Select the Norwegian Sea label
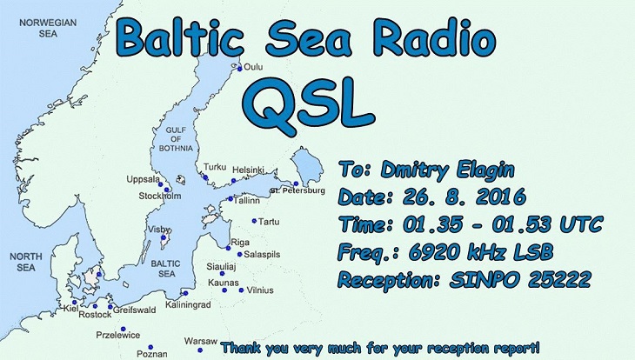click(48, 28)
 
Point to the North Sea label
click(26, 262)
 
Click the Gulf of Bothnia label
click(176, 139)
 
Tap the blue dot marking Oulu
click(240, 70)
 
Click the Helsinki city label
click(248, 170)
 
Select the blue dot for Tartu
click(254, 221)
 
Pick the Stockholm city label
click(160, 196)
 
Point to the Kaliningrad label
click(188, 304)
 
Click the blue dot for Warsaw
click(200, 350)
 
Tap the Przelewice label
click(118, 336)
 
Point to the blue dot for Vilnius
click(241, 290)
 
